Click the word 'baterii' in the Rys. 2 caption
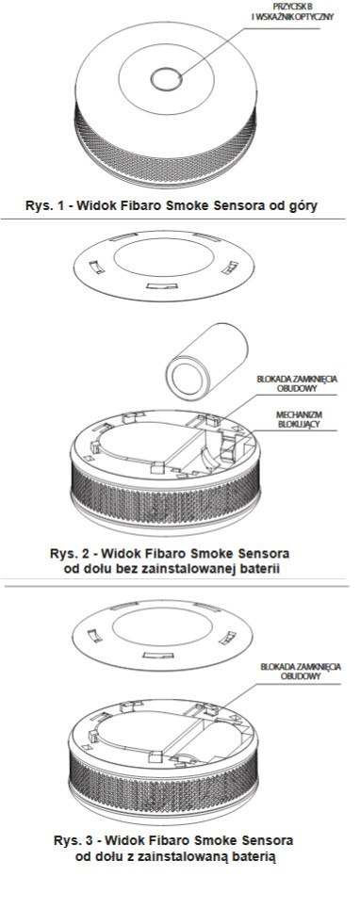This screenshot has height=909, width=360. click(x=260, y=569)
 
